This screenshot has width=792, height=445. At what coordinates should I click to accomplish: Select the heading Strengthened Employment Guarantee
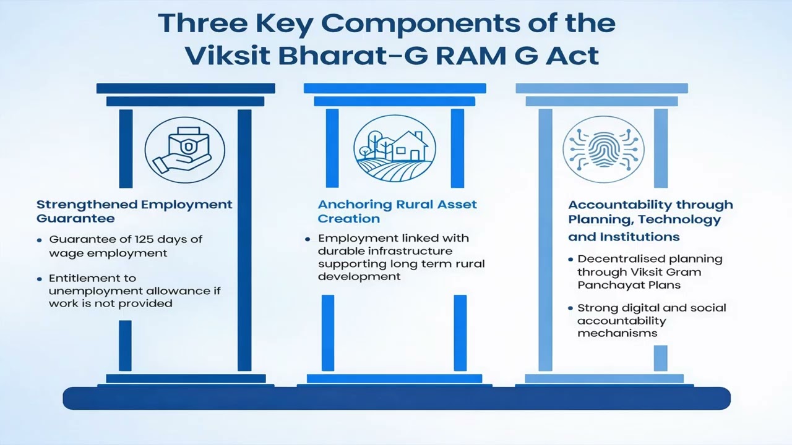(134, 211)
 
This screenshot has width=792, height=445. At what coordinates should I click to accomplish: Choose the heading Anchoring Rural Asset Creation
(397, 211)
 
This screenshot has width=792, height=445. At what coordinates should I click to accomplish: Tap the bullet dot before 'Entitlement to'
(40, 278)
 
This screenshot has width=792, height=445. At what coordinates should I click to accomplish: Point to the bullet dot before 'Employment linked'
(308, 239)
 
